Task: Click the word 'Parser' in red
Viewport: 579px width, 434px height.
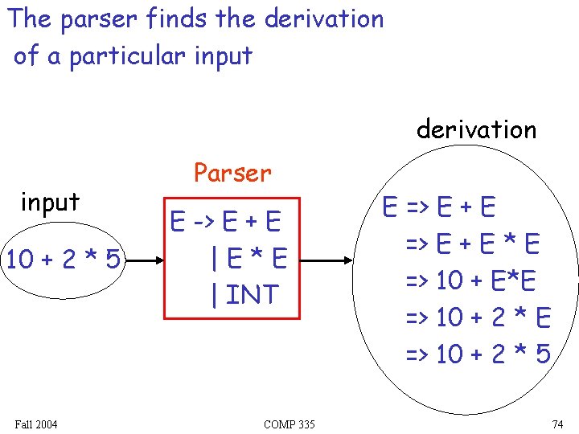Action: (232, 172)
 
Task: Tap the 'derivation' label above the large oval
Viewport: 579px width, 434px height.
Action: (476, 129)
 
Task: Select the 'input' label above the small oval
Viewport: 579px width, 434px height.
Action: (50, 203)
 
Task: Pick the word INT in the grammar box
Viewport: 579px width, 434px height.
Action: (252, 294)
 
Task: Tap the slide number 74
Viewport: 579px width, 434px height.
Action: (557, 424)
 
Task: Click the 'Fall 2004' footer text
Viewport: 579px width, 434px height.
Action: (36, 424)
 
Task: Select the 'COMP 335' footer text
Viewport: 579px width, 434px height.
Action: (289, 424)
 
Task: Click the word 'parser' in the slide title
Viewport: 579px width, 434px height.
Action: (105, 19)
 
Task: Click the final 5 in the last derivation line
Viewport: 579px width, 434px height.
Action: (541, 353)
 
